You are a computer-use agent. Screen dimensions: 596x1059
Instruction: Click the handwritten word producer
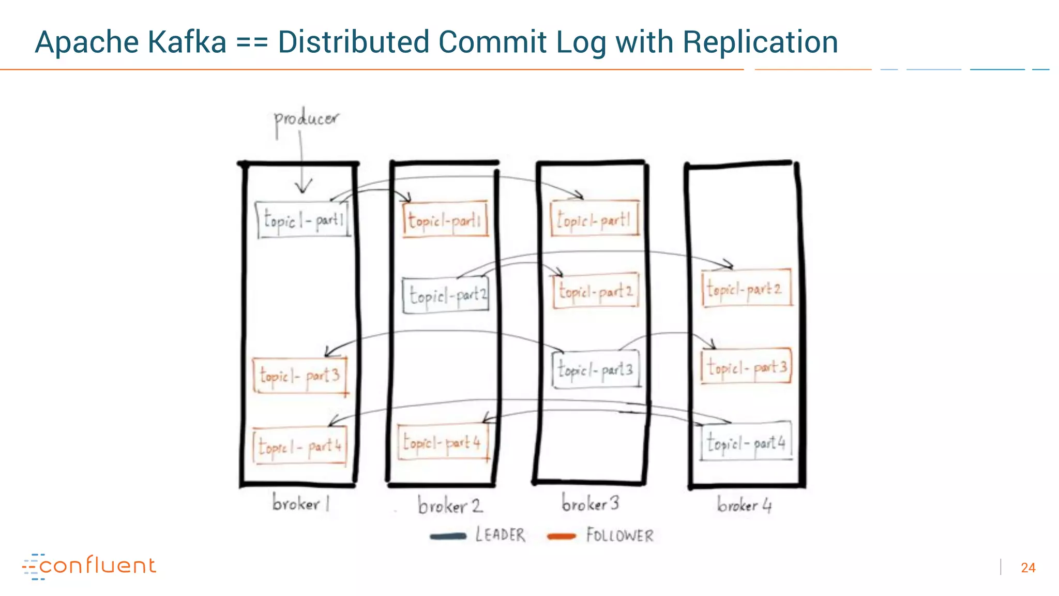click(306, 120)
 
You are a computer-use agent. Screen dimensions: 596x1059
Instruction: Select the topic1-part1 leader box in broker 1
click(303, 220)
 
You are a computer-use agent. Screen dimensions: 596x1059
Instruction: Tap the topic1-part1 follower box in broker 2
click(445, 219)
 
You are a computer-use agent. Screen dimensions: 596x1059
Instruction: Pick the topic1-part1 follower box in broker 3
click(595, 219)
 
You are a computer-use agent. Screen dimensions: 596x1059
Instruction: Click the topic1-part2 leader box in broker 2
click(446, 295)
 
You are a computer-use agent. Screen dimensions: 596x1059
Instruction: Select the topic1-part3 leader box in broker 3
click(596, 369)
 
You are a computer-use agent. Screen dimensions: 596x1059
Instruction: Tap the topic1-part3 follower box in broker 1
click(300, 375)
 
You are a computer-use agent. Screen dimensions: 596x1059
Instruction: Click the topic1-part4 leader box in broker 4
click(746, 442)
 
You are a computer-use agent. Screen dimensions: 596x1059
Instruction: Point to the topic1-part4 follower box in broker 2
click(443, 442)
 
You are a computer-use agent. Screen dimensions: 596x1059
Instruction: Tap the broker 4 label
click(744, 504)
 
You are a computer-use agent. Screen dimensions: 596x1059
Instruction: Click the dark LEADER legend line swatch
click(448, 536)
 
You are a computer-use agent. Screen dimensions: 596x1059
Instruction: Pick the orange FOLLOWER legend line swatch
click(562, 536)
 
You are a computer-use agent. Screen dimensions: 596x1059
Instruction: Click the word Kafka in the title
click(187, 42)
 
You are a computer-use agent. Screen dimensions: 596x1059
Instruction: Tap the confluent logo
click(89, 566)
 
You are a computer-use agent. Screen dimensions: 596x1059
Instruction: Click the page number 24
click(1028, 568)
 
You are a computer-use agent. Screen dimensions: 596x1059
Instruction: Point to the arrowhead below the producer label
click(303, 187)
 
